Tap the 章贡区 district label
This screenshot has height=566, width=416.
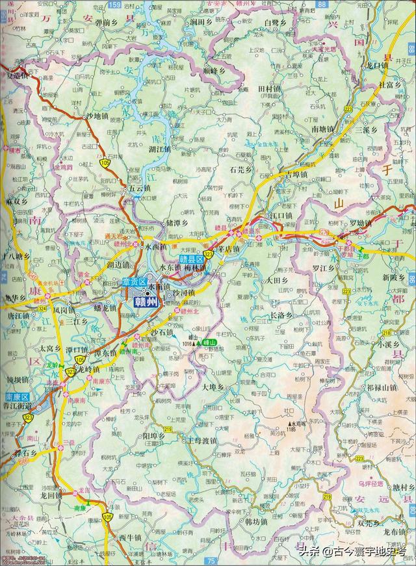pos(133,281)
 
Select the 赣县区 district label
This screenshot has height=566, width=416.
pos(192,259)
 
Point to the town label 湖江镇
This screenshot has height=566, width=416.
pos(160,149)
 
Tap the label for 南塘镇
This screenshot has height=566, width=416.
pos(324,129)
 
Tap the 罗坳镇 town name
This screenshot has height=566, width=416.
pos(358,223)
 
